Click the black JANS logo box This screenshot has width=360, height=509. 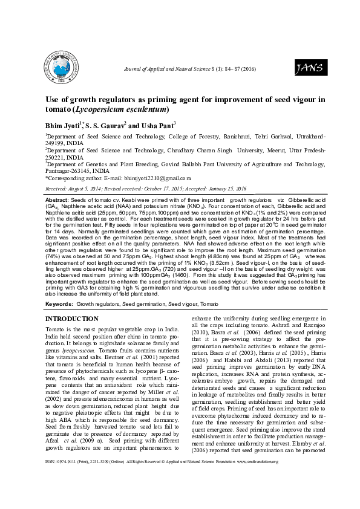click(x=304, y=69)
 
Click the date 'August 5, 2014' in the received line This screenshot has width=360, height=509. click(x=86, y=189)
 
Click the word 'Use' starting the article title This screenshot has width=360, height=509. click(x=54, y=100)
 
